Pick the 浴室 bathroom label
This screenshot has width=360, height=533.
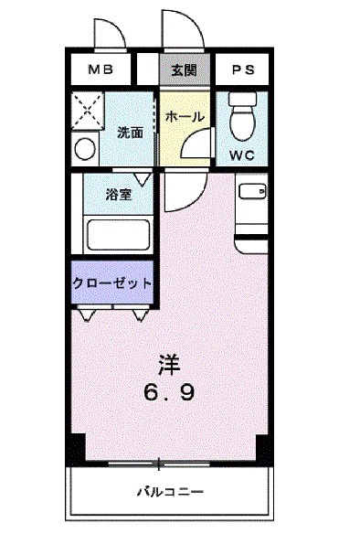(119, 194)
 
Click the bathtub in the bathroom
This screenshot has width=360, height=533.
(119, 235)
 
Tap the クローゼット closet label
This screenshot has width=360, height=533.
(112, 283)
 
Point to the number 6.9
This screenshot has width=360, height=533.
(168, 393)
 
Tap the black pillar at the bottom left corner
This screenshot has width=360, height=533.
(78, 447)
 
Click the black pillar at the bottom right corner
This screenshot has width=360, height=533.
(263, 447)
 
